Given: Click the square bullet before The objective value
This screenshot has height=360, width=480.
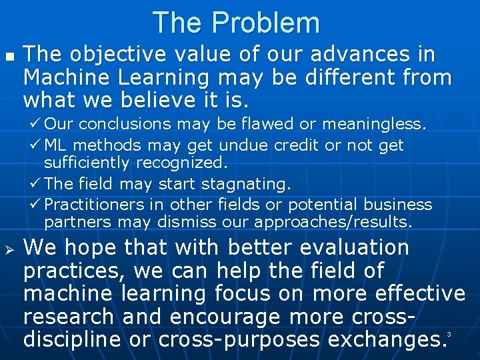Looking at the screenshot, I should pyautogui.click(x=9, y=55).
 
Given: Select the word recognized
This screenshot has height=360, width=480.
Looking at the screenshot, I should pyautogui.click(x=181, y=163).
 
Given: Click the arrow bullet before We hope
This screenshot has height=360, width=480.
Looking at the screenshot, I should pyautogui.click(x=9, y=249).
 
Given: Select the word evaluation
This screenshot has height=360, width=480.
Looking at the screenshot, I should pyautogui.click(x=354, y=248).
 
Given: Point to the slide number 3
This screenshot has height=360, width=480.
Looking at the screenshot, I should pyautogui.click(x=449, y=334).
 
